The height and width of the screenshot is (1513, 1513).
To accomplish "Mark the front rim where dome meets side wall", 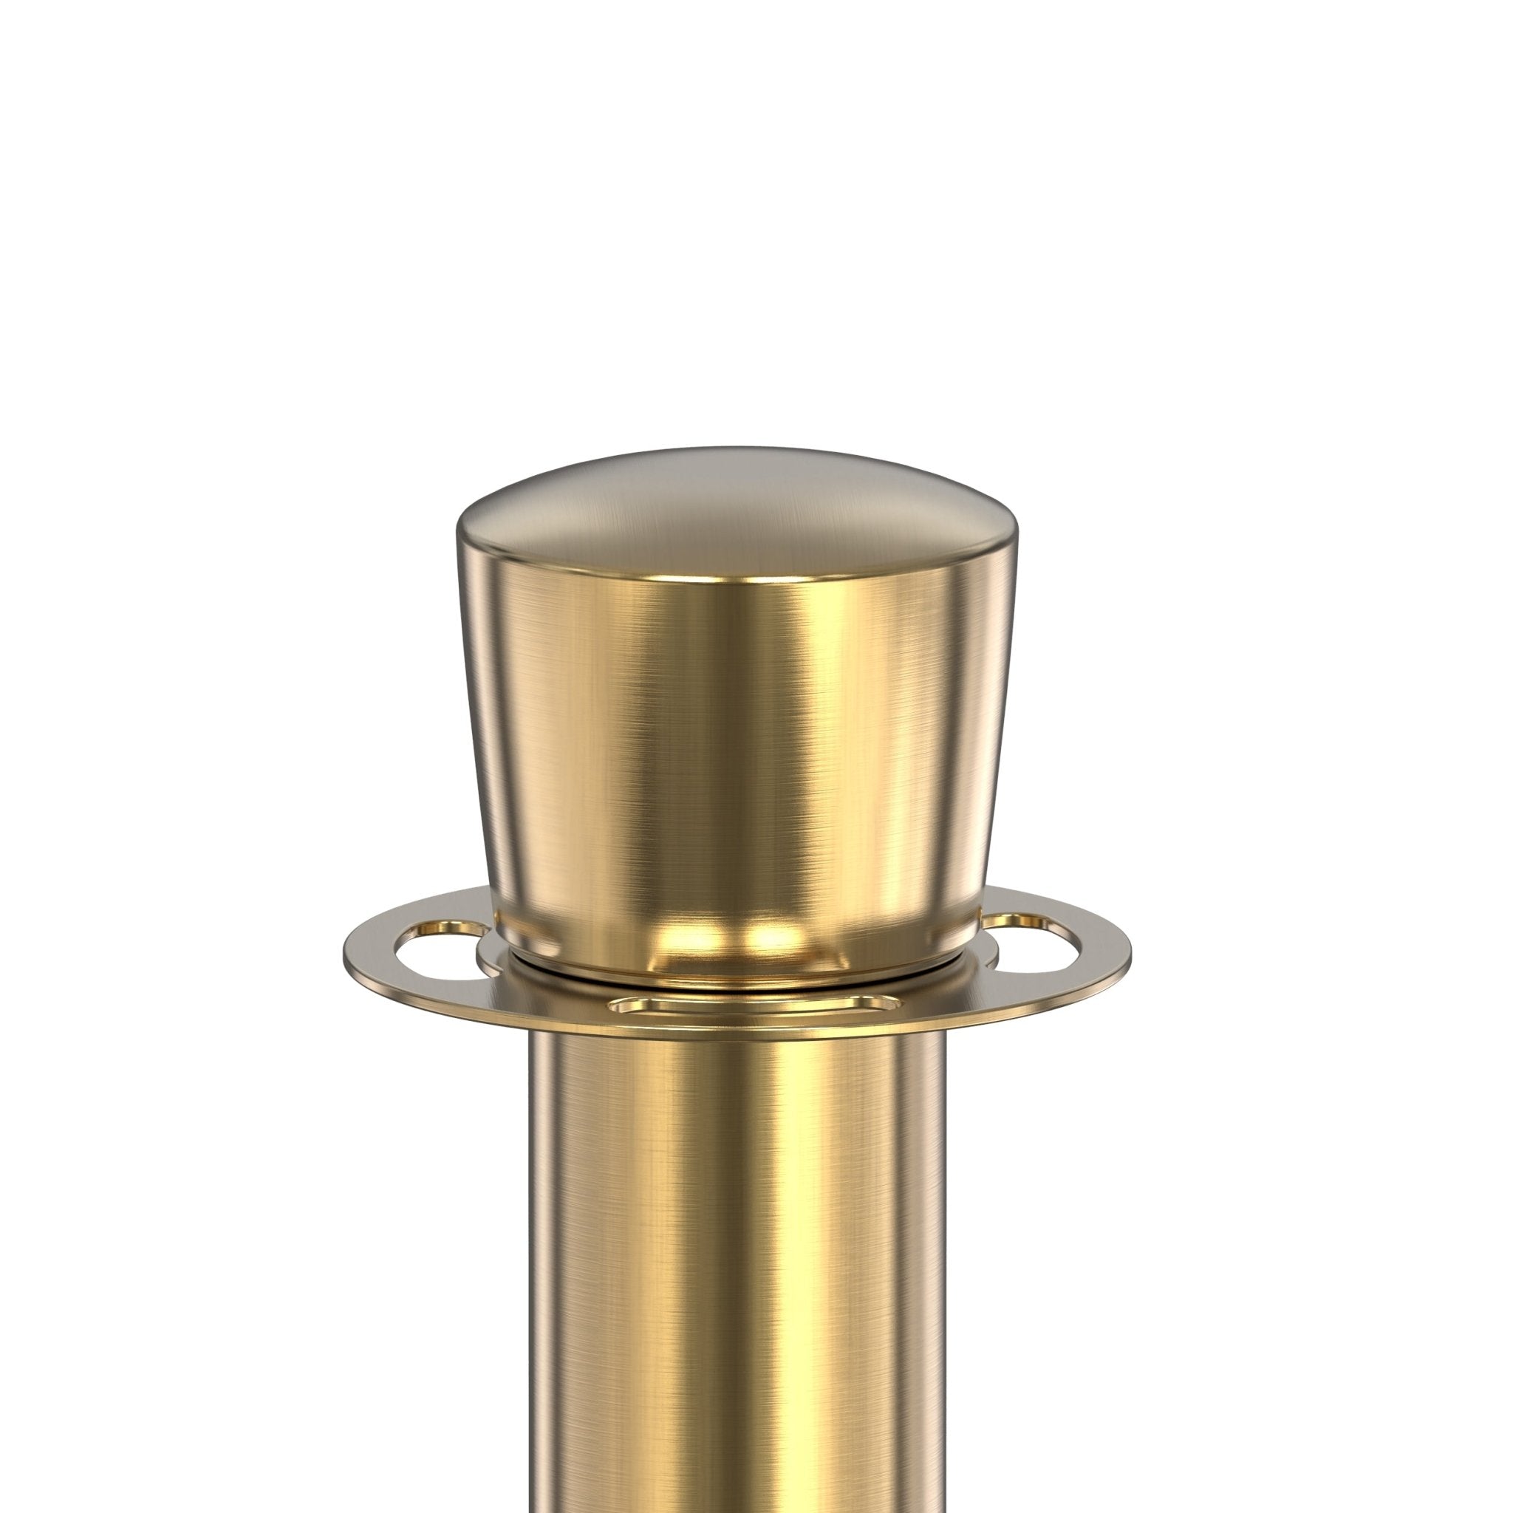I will (x=736, y=584).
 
